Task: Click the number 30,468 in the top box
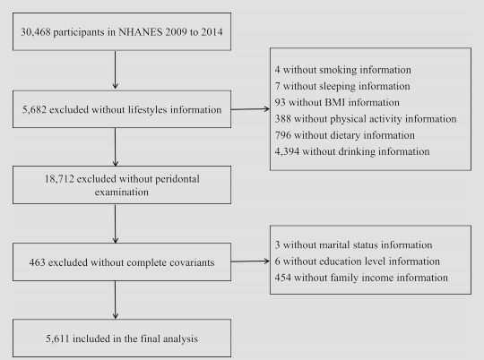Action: point(36,32)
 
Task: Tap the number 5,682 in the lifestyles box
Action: point(34,109)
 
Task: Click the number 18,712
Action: point(59,179)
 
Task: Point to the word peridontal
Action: point(177,179)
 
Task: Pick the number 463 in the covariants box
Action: point(37,262)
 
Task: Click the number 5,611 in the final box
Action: point(57,339)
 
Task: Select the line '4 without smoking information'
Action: point(343,70)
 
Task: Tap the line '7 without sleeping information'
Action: point(342,86)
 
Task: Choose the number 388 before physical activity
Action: point(282,119)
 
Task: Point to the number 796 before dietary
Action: point(282,135)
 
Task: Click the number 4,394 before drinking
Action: point(287,151)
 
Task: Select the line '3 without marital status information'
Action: point(353,245)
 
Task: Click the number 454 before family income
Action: point(282,278)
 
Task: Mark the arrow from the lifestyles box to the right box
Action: point(250,109)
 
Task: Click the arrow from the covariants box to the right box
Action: point(250,261)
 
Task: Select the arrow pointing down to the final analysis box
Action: point(116,300)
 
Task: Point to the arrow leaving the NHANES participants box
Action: point(116,70)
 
